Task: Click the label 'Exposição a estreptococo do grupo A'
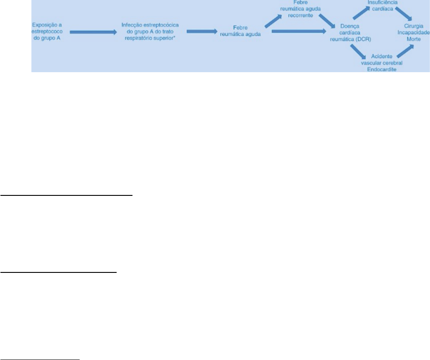(47, 32)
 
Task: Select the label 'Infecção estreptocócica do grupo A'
(150, 28)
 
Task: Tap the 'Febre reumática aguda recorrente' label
(300, 9)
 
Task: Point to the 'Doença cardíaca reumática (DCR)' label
(350, 33)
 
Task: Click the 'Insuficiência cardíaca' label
(382, 5)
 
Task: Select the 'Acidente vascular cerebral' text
(382, 59)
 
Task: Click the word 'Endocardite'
(382, 70)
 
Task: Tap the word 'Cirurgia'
(414, 26)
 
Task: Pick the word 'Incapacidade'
(414, 33)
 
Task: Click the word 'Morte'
(414, 39)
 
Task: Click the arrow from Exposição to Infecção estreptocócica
(93, 32)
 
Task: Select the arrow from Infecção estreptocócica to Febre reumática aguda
(202, 31)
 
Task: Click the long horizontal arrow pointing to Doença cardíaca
(299, 31)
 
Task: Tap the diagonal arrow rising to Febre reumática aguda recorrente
(273, 22)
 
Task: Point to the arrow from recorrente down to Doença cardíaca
(327, 21)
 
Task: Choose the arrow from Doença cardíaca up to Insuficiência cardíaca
(361, 13)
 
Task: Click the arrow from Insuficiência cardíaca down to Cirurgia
(404, 14)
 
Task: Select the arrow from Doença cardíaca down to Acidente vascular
(358, 52)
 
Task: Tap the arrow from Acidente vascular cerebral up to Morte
(405, 51)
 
